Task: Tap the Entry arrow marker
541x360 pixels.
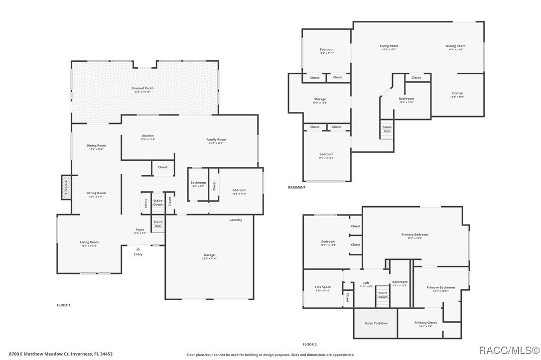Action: (138, 249)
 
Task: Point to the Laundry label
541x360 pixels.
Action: (236, 220)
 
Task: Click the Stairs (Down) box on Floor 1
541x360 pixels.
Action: (158, 202)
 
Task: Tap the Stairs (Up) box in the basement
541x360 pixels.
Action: (387, 129)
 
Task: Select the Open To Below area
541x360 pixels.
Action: (376, 323)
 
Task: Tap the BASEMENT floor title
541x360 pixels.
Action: (297, 187)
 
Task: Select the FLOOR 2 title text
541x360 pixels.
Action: (309, 344)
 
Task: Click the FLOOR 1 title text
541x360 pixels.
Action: (63, 305)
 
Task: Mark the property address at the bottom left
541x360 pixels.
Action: (61, 354)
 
